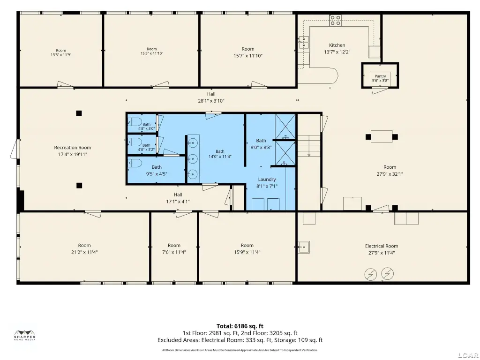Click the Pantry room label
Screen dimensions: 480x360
(x=380, y=76)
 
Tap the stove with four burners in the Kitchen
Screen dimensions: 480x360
(x=335, y=20)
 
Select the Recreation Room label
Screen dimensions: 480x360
(x=73, y=148)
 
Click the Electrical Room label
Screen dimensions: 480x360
(x=382, y=246)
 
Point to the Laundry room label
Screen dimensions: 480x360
(x=267, y=180)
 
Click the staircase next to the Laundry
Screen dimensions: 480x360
(x=309, y=146)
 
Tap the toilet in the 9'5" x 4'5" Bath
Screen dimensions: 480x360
(x=135, y=163)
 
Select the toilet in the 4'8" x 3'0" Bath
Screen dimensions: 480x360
(x=135, y=121)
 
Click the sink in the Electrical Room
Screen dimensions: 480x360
(x=304, y=247)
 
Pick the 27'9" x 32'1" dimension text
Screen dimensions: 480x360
(x=390, y=174)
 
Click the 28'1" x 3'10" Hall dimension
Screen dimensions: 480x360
(x=211, y=101)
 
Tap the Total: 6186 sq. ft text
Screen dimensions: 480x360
(x=240, y=326)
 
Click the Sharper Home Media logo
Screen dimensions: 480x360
(x=25, y=336)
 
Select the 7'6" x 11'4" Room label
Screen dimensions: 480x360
(x=174, y=246)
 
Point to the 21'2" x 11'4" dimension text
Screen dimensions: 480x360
(x=84, y=252)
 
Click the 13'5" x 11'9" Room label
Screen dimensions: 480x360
(x=61, y=51)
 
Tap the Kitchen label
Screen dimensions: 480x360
(x=337, y=45)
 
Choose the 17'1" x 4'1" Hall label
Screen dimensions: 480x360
(x=178, y=195)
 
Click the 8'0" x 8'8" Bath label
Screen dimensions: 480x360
(x=261, y=141)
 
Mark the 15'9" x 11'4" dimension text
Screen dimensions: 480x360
(x=247, y=252)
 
